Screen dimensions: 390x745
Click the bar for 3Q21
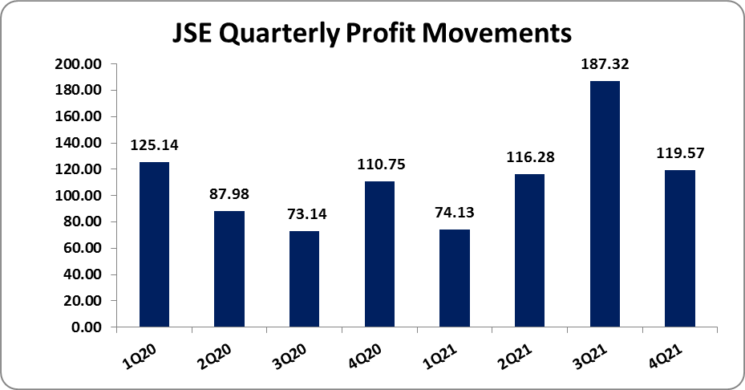605,204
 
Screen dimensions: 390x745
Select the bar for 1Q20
154,245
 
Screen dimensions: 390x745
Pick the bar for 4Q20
379,254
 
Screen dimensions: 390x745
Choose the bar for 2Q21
529,250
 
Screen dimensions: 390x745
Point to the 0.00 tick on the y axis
87,327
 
